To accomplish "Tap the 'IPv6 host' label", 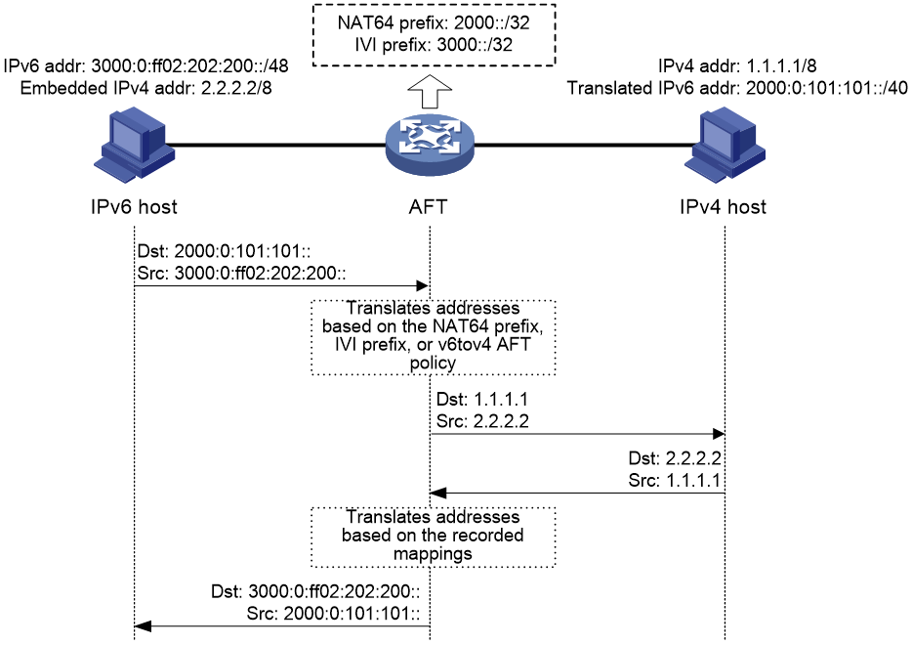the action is pos(134,206).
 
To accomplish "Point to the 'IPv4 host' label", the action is pos(723,206).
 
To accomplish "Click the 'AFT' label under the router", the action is pos(428,206).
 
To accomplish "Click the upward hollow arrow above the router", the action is pos(430,92).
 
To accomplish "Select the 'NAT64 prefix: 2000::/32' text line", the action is pos(434,22).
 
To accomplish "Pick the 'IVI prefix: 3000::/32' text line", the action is pos(434,45).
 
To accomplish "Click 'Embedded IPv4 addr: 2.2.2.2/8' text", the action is pos(146,88).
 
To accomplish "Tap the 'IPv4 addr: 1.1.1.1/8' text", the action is pos(737,65).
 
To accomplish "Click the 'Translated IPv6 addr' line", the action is pos(737,88).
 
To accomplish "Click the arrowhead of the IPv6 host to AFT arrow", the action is pos(423,285).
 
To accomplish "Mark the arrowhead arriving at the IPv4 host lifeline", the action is pos(719,434).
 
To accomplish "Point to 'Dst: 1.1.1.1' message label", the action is pos(482,400).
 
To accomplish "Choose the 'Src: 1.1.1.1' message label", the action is pos(675,480).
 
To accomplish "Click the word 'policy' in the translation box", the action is pos(433,363).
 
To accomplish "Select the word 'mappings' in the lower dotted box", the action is pos(433,553).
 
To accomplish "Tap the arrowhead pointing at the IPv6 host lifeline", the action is pos(142,626).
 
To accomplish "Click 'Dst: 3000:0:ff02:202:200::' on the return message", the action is pos(315,591).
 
